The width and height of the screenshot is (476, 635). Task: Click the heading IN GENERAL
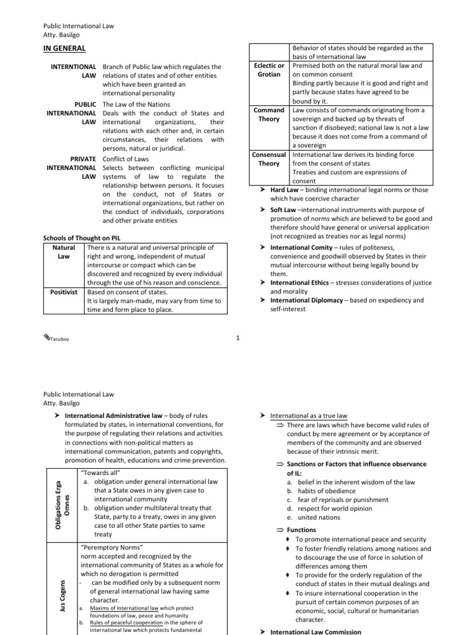click(64, 48)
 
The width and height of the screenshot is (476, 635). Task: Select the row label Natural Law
click(60, 251)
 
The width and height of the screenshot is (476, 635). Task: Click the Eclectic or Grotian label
click(270, 69)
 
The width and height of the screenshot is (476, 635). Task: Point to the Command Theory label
click(270, 114)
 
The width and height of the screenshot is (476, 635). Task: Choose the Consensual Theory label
click(269, 159)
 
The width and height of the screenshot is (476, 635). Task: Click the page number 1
click(238, 338)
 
